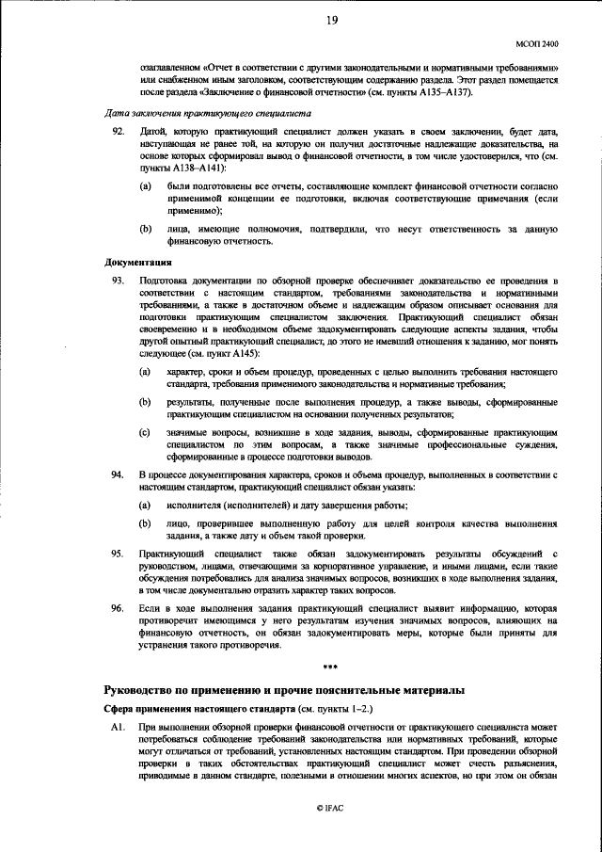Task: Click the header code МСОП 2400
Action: [x=537, y=44]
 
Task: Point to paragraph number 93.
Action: [x=118, y=281]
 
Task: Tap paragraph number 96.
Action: [x=118, y=609]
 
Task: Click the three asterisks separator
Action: [x=330, y=668]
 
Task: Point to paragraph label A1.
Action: [x=117, y=728]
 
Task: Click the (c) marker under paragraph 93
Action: [x=145, y=432]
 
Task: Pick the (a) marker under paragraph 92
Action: [x=145, y=187]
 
